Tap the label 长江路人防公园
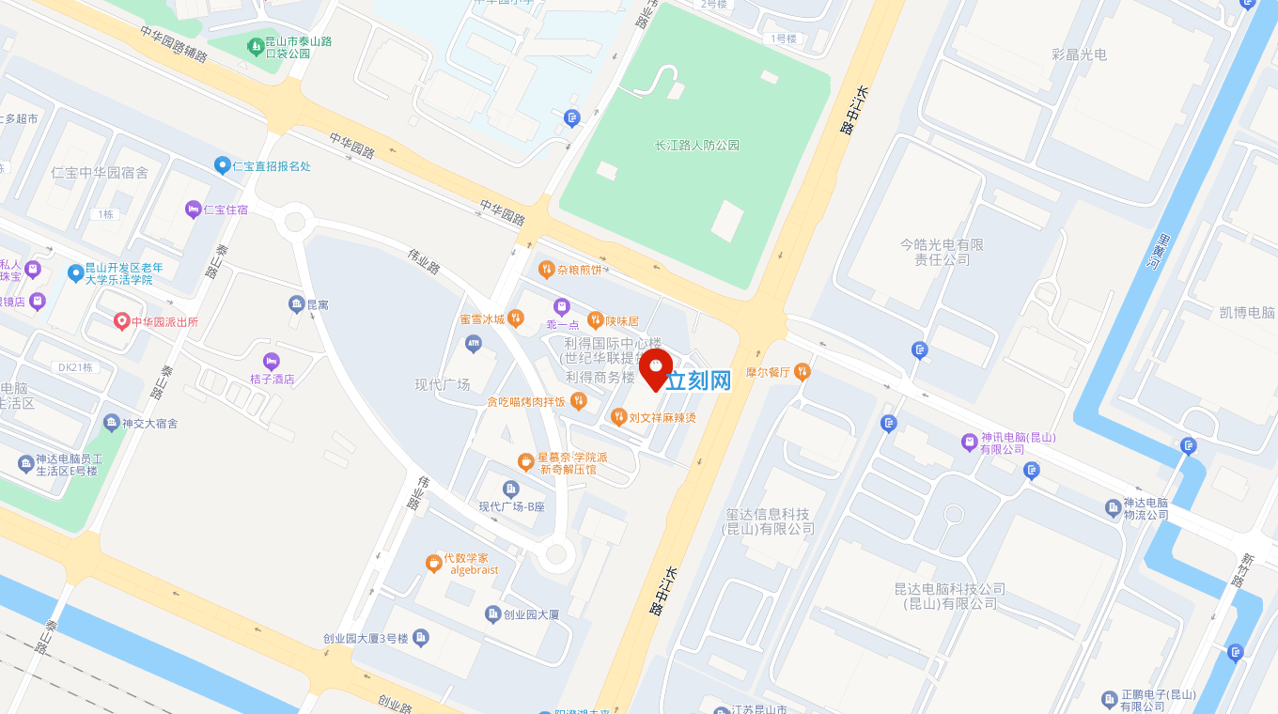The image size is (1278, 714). [x=696, y=146]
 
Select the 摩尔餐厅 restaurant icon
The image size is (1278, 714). [x=802, y=371]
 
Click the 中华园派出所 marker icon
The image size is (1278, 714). [x=121, y=321]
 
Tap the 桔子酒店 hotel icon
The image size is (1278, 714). [x=272, y=361]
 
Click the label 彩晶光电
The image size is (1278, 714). [x=1080, y=54]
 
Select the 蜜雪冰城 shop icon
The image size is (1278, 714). [x=516, y=318]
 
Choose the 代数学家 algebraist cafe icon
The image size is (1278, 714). [x=433, y=563]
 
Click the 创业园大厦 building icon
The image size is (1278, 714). [x=492, y=614]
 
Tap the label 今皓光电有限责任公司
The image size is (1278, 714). [x=942, y=252]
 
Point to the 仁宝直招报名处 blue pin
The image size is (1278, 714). [x=222, y=165]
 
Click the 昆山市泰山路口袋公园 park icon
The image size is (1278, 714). [x=255, y=45]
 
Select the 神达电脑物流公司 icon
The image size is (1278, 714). [x=1113, y=507]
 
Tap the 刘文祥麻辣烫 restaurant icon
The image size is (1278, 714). [x=618, y=416]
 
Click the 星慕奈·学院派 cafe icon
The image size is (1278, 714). [x=526, y=461]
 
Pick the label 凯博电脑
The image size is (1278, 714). [x=1247, y=313]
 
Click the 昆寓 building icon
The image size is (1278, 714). [x=296, y=304]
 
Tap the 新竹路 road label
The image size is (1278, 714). [x=1239, y=569]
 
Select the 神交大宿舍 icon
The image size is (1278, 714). [x=112, y=423]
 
